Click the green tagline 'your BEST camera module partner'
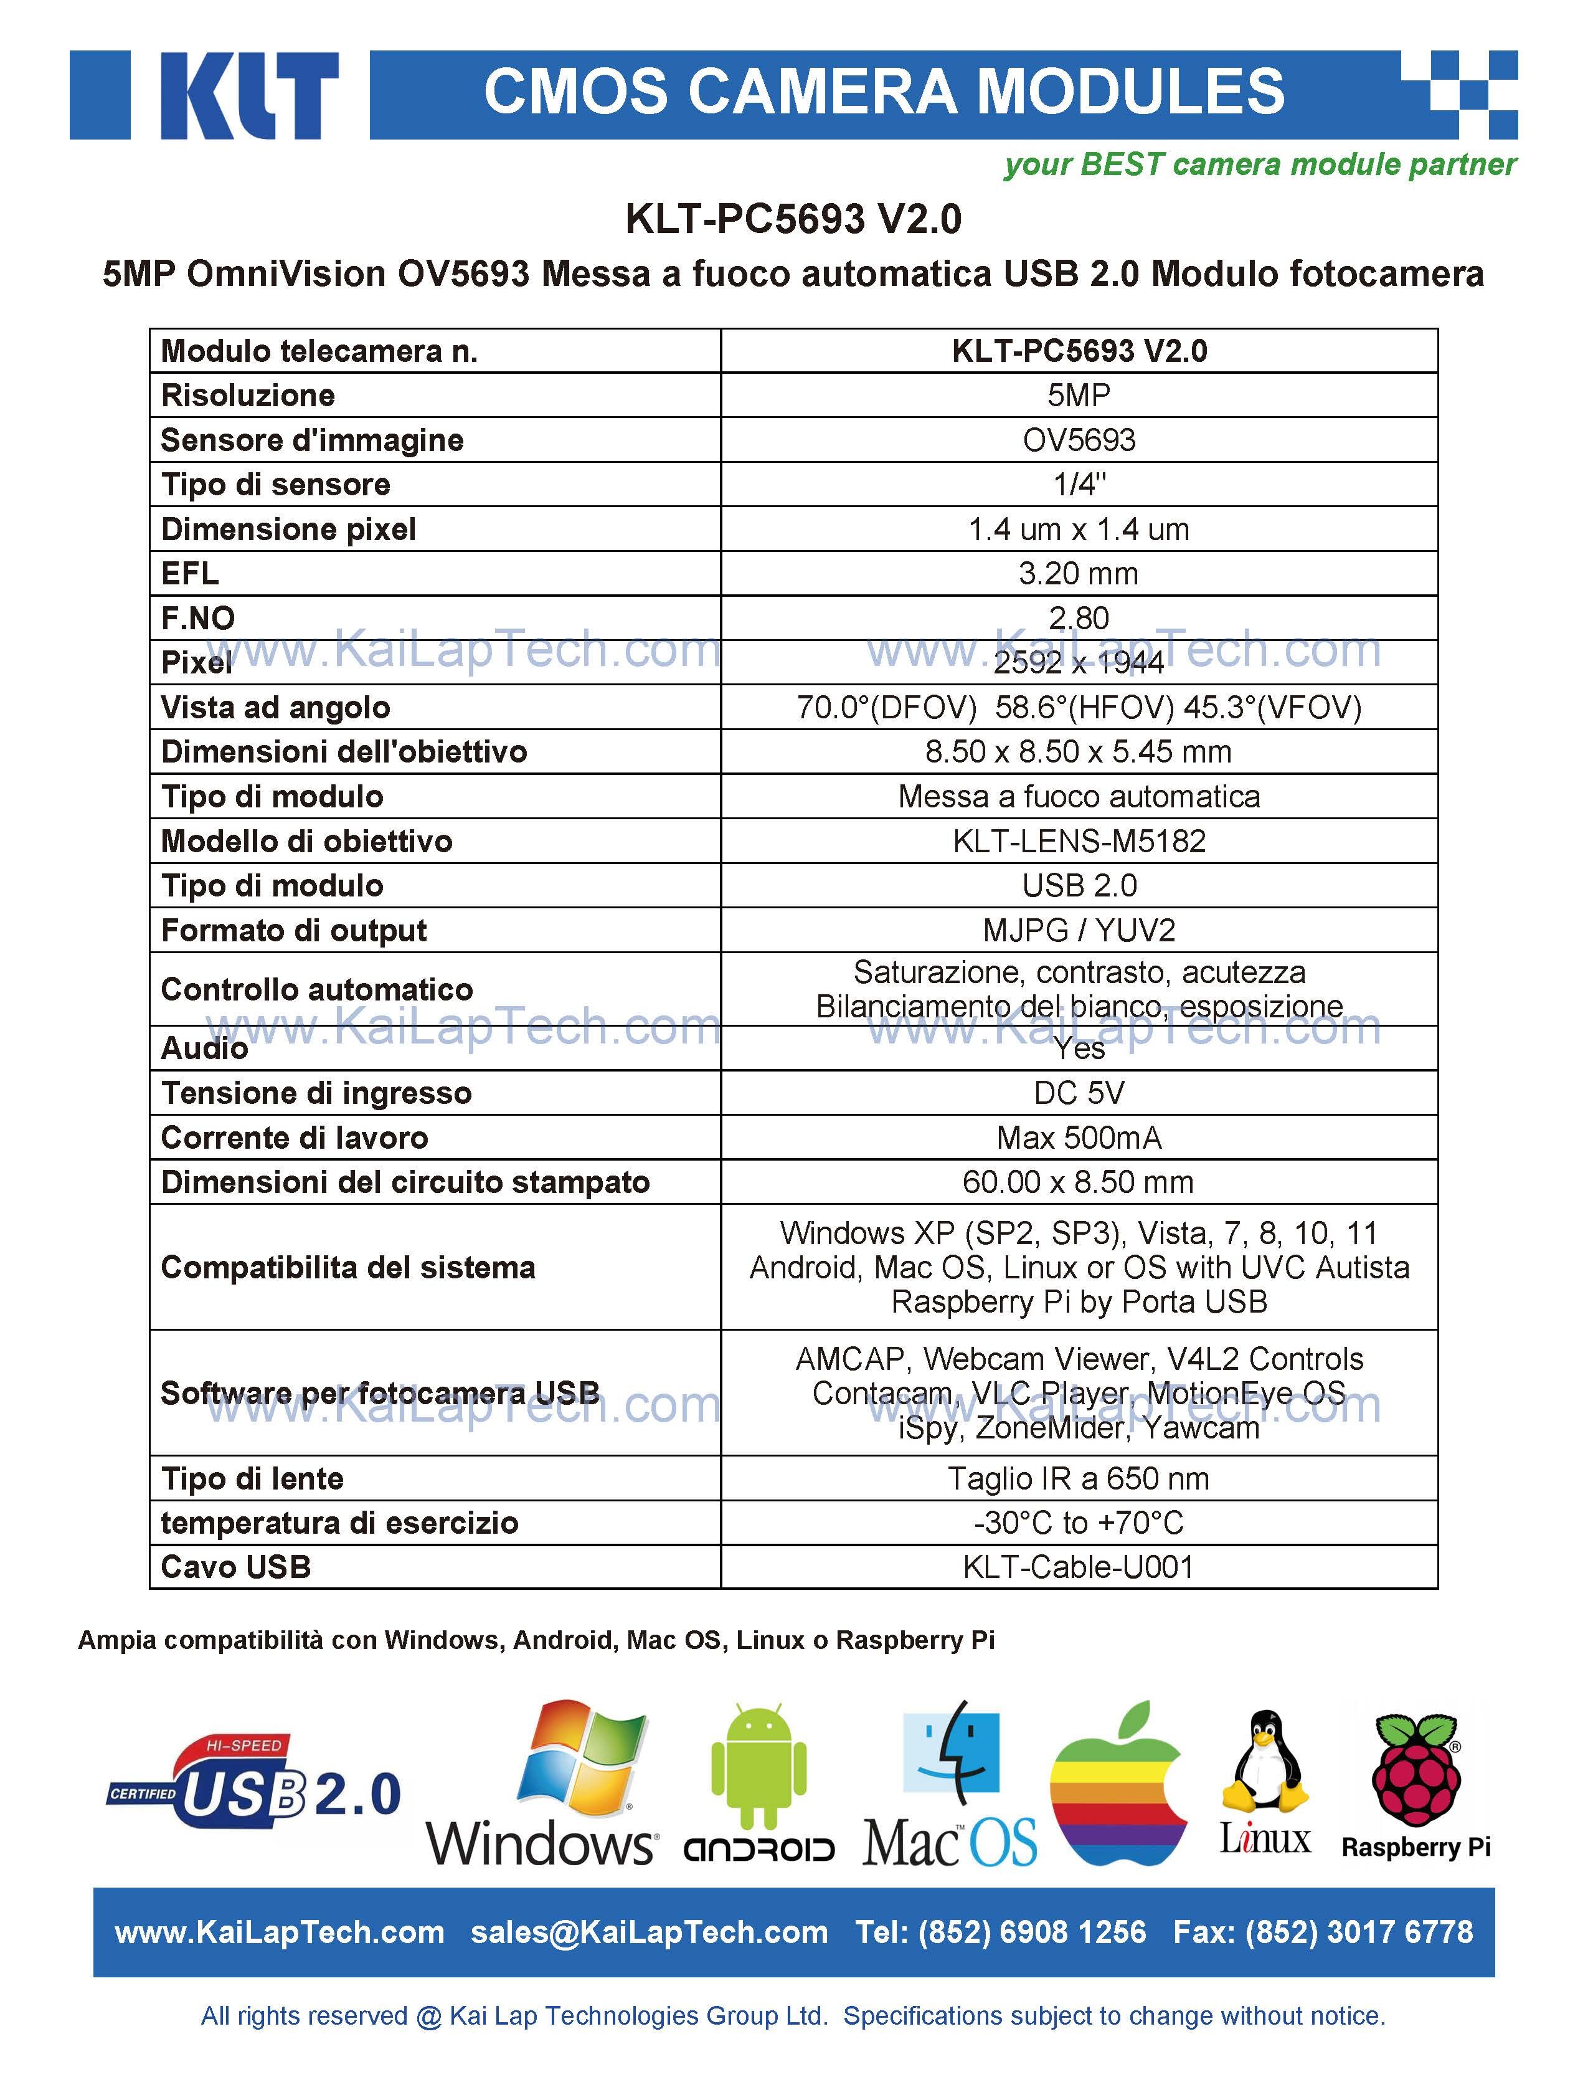[x=1259, y=164]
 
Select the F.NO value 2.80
[x=1079, y=617]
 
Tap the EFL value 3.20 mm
[x=1079, y=573]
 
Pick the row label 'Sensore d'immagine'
[x=312, y=440]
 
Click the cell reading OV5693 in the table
[x=1079, y=440]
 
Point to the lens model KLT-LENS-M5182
[x=1079, y=840]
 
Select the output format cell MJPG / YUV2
[x=1079, y=930]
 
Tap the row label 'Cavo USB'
[x=236, y=1567]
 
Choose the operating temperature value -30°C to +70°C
[x=1079, y=1522]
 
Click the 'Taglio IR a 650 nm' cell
[x=1079, y=1478]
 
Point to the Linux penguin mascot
[x=1265, y=1761]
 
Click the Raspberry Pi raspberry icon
[x=1415, y=1768]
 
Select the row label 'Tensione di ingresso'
[x=316, y=1093]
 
